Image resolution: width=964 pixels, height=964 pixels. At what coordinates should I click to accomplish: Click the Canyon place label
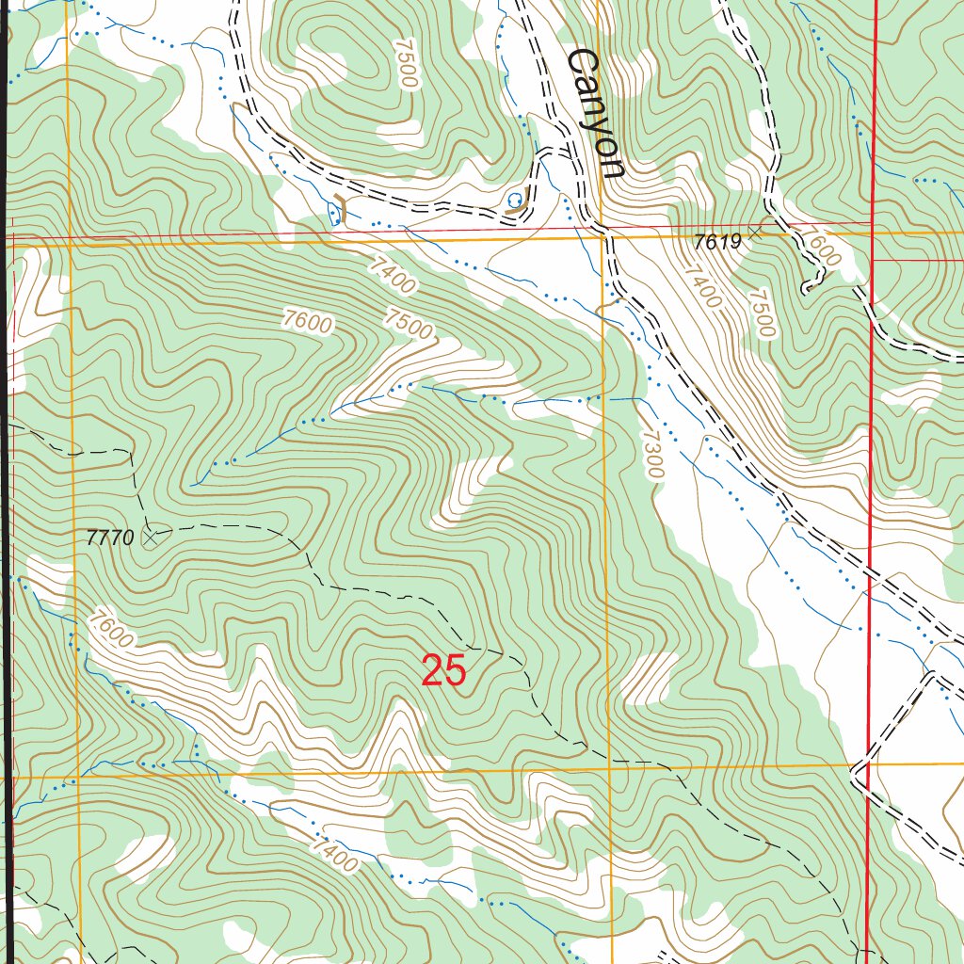[595, 113]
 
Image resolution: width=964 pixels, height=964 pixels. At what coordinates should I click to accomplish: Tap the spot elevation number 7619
[718, 242]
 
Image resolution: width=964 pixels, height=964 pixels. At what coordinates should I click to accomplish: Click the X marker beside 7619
[754, 230]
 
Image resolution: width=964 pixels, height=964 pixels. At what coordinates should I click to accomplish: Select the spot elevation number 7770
[110, 538]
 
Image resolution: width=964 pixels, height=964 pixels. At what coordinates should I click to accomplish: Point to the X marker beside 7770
[150, 537]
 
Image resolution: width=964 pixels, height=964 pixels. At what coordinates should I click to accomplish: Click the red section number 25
[443, 672]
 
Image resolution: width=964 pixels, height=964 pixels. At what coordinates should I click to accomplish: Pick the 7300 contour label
[652, 454]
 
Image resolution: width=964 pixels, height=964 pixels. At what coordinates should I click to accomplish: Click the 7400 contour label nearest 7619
[701, 288]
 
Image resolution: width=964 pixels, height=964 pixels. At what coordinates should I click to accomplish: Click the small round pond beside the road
[514, 200]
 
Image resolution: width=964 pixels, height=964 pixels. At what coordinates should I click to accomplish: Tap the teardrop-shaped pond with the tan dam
[333, 214]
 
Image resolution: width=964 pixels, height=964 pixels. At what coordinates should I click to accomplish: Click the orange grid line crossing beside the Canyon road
[604, 237]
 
